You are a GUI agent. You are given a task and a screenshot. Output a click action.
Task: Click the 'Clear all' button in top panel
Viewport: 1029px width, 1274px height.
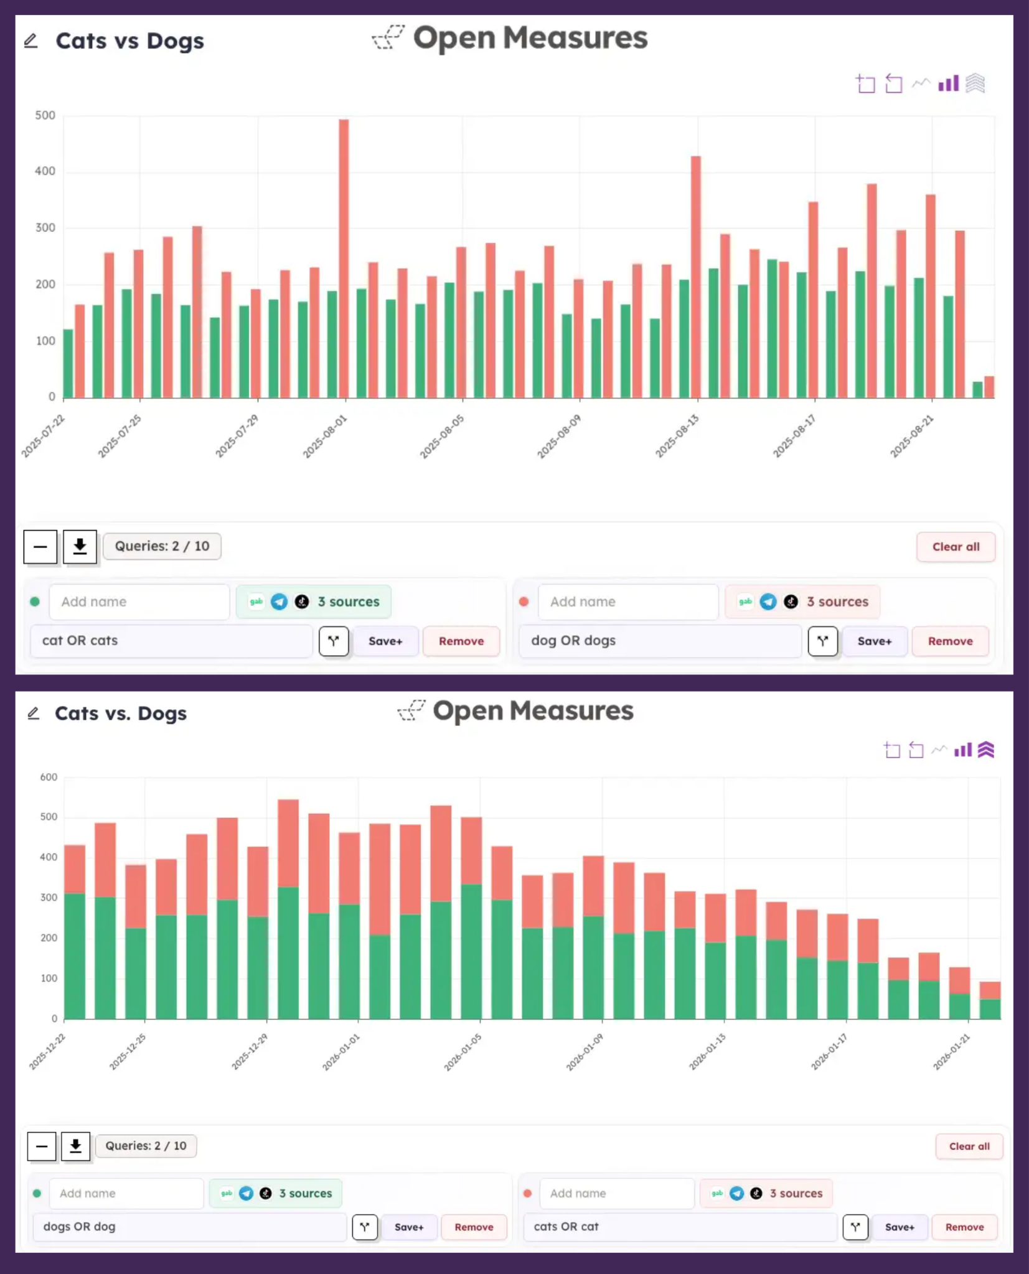[956, 547]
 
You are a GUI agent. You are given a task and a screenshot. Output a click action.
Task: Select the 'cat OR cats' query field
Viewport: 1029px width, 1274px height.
[171, 641]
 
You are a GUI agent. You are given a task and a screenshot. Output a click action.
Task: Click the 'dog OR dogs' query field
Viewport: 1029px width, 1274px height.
[660, 641]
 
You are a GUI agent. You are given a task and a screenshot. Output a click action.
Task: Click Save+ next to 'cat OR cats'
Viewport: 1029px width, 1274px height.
[385, 641]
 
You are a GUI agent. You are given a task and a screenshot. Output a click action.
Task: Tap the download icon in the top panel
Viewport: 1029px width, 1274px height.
[80, 547]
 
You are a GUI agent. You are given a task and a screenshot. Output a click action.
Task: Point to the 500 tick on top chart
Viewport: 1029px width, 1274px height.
[45, 116]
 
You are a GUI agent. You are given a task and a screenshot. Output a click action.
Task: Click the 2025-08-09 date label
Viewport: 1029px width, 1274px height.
[559, 436]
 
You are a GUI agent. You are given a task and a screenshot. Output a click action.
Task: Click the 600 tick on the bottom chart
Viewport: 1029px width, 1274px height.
[49, 777]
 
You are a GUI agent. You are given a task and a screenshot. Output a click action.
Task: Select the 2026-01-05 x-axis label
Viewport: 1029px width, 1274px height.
[463, 1052]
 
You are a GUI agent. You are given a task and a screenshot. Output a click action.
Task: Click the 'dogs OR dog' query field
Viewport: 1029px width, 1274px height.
[190, 1227]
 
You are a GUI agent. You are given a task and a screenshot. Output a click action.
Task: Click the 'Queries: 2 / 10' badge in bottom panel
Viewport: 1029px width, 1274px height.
[146, 1146]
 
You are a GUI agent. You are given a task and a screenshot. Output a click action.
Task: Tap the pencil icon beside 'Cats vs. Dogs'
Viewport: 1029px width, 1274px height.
[34, 713]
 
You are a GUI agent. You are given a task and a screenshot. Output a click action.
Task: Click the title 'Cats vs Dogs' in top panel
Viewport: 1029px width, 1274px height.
[129, 41]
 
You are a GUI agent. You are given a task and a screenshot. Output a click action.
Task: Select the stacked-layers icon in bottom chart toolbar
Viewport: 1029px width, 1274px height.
[986, 750]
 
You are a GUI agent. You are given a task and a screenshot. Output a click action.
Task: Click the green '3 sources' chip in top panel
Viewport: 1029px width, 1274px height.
[314, 602]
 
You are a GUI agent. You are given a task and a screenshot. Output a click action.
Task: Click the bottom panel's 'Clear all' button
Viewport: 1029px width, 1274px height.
[969, 1146]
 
